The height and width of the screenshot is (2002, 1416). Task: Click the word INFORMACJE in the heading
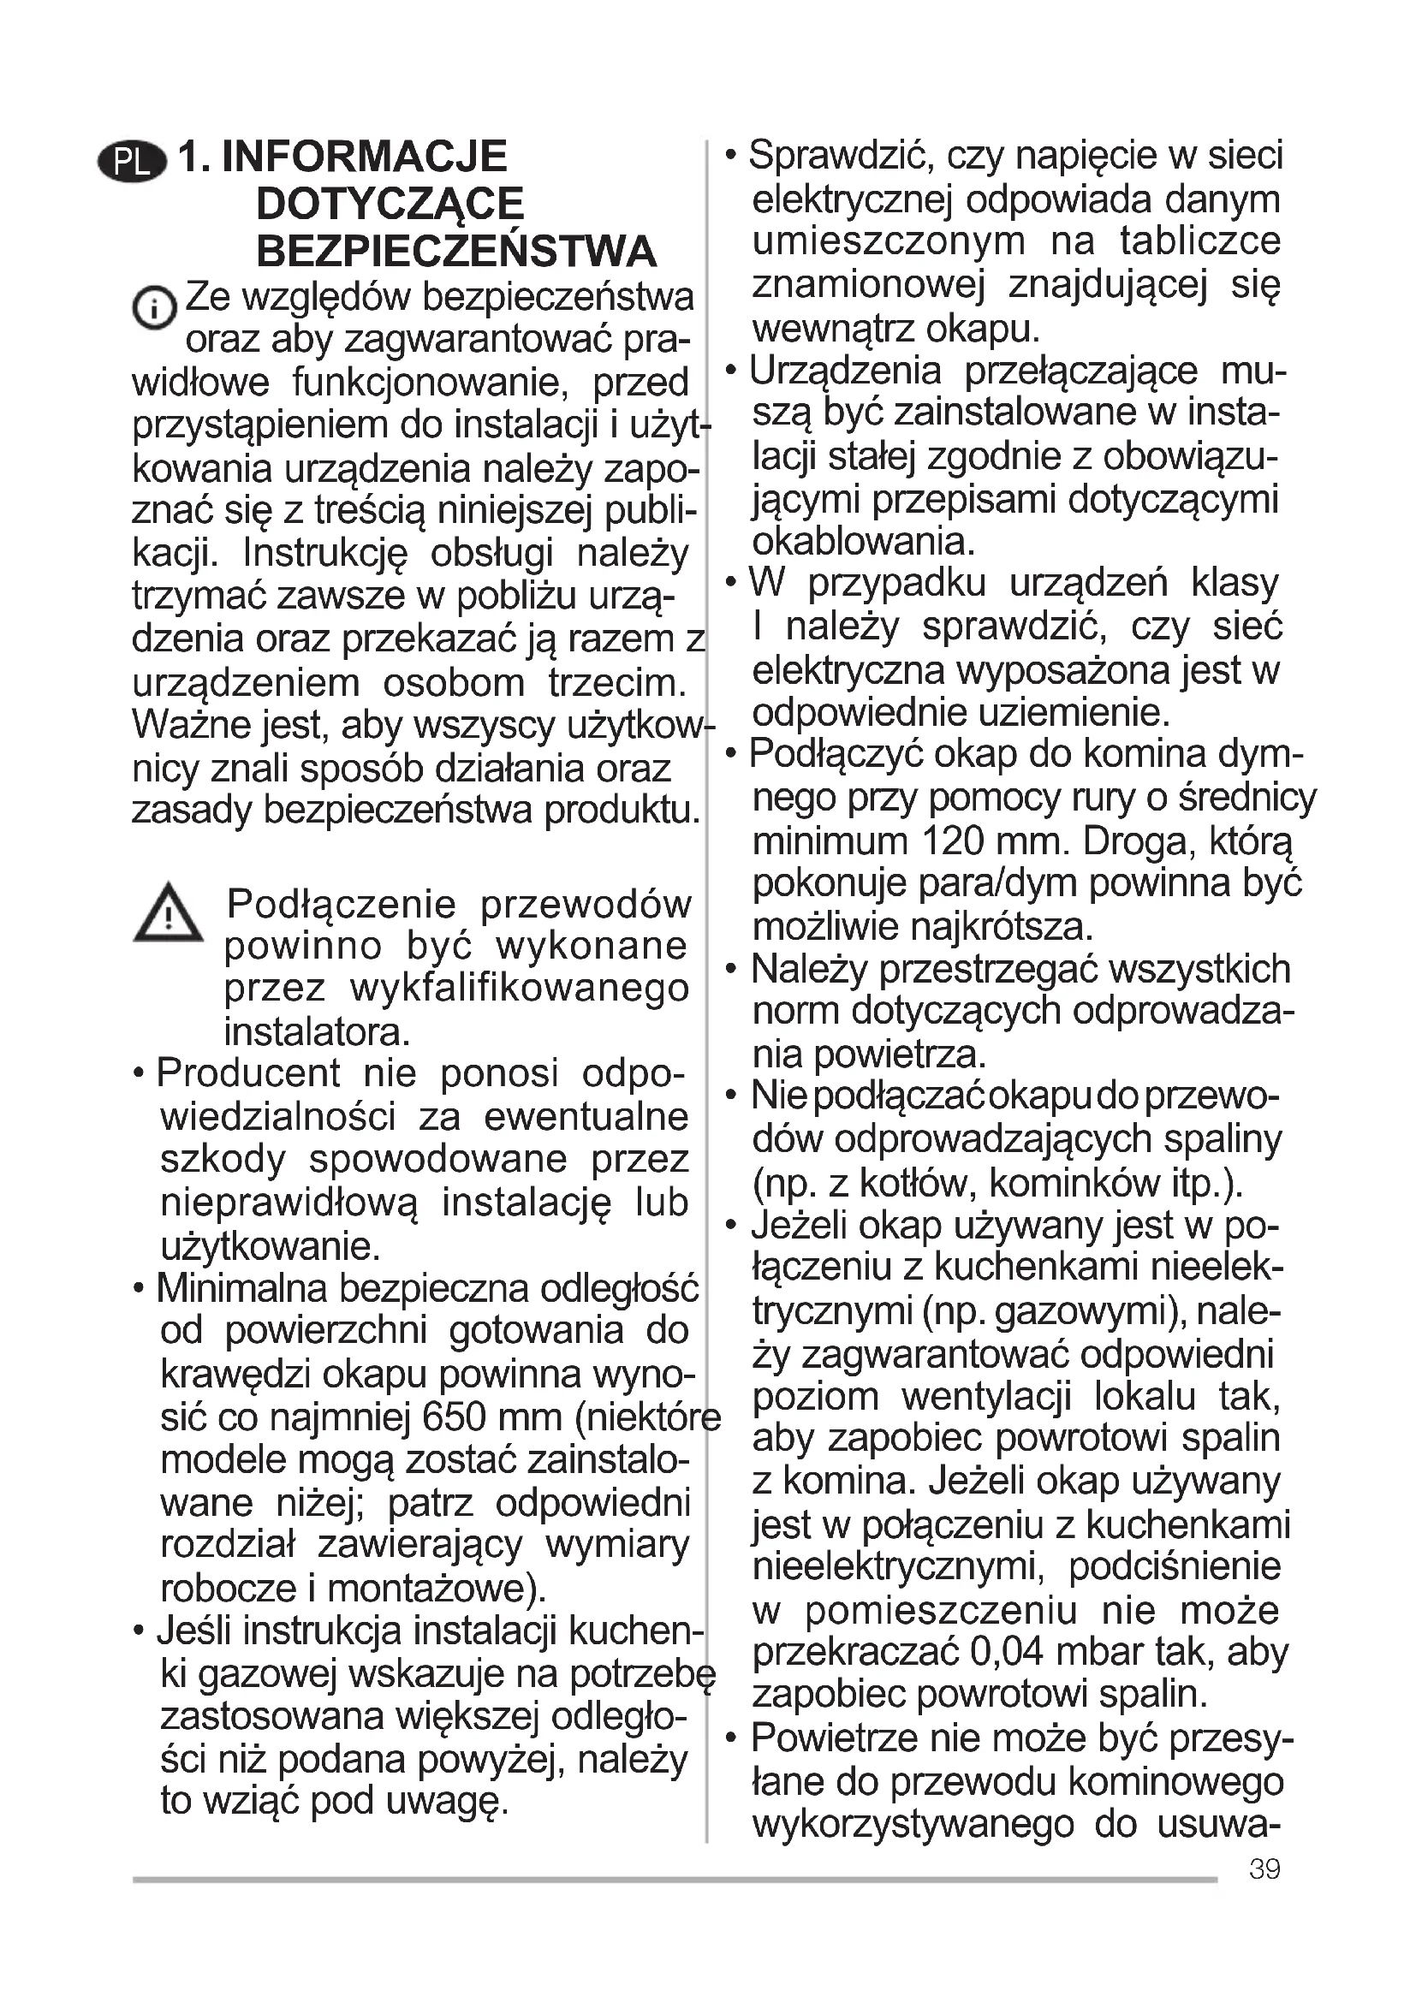point(365,157)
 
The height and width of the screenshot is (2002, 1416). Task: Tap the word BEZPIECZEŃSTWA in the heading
point(456,252)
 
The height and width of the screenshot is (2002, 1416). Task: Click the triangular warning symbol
point(168,914)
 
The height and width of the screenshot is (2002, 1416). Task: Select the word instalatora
point(317,1032)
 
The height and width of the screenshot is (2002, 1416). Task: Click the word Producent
point(248,1073)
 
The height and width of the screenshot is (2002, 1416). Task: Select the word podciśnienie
point(1175,1567)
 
